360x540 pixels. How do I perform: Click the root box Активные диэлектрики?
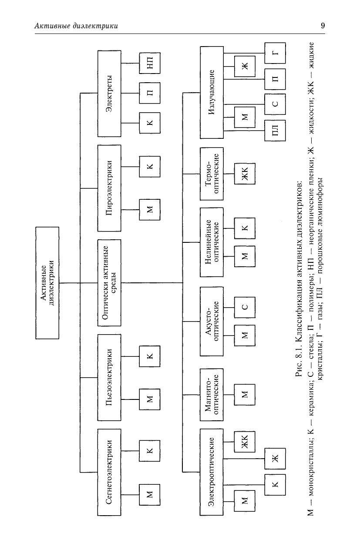(x=47, y=283)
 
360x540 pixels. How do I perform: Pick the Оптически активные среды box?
(x=109, y=282)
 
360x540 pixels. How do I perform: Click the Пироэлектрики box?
(x=109, y=188)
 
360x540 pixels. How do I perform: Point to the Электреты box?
(x=109, y=93)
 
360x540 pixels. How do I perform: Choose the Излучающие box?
(x=212, y=92)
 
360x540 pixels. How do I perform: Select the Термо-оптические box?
(x=212, y=174)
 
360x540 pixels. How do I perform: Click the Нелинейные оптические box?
(x=212, y=242)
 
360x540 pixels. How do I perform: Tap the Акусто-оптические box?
(x=212, y=321)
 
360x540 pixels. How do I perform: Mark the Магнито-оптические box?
(x=212, y=395)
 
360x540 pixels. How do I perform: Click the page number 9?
(x=323, y=26)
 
